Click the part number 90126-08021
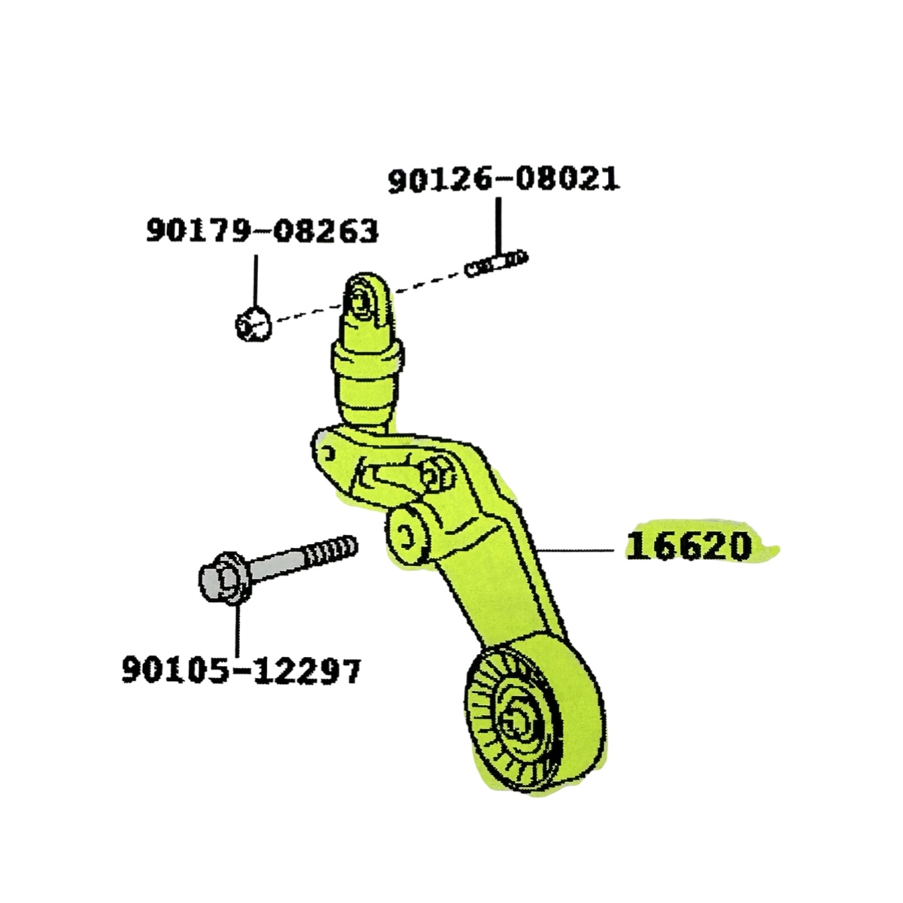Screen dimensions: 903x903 point(503,181)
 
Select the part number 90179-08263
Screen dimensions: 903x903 point(262,231)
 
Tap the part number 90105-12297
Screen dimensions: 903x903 point(241,669)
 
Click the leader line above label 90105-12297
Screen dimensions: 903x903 point(236,629)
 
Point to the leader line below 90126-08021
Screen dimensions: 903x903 point(497,224)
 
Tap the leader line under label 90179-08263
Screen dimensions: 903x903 point(255,279)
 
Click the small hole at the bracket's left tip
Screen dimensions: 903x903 point(327,452)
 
